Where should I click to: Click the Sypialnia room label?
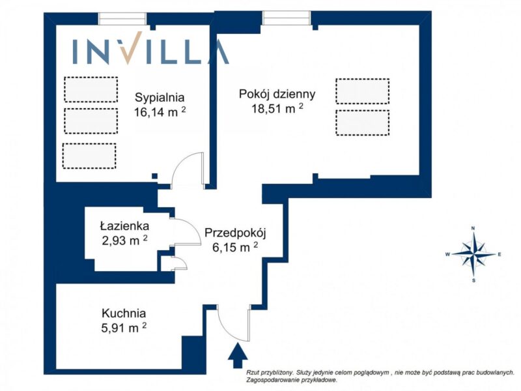coord(160,98)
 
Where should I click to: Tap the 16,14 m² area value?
coord(160,112)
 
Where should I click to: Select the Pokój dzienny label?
coord(277,94)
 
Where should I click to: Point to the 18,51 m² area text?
coord(277,108)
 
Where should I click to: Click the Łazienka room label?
coord(124,226)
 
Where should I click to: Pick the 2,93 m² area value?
coord(124,240)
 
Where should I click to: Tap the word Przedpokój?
coord(235,233)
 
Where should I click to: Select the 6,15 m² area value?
coord(235,248)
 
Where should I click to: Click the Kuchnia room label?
coord(124,313)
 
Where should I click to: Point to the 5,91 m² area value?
coord(124,328)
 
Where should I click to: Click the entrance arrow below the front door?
coord(238,355)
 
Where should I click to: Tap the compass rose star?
coord(474,254)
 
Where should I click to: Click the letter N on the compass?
coord(473,229)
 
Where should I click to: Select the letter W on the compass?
coord(447,255)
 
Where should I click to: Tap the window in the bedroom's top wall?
coord(122,19)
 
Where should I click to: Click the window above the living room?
coord(287,18)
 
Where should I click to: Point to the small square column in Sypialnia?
coord(154,176)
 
